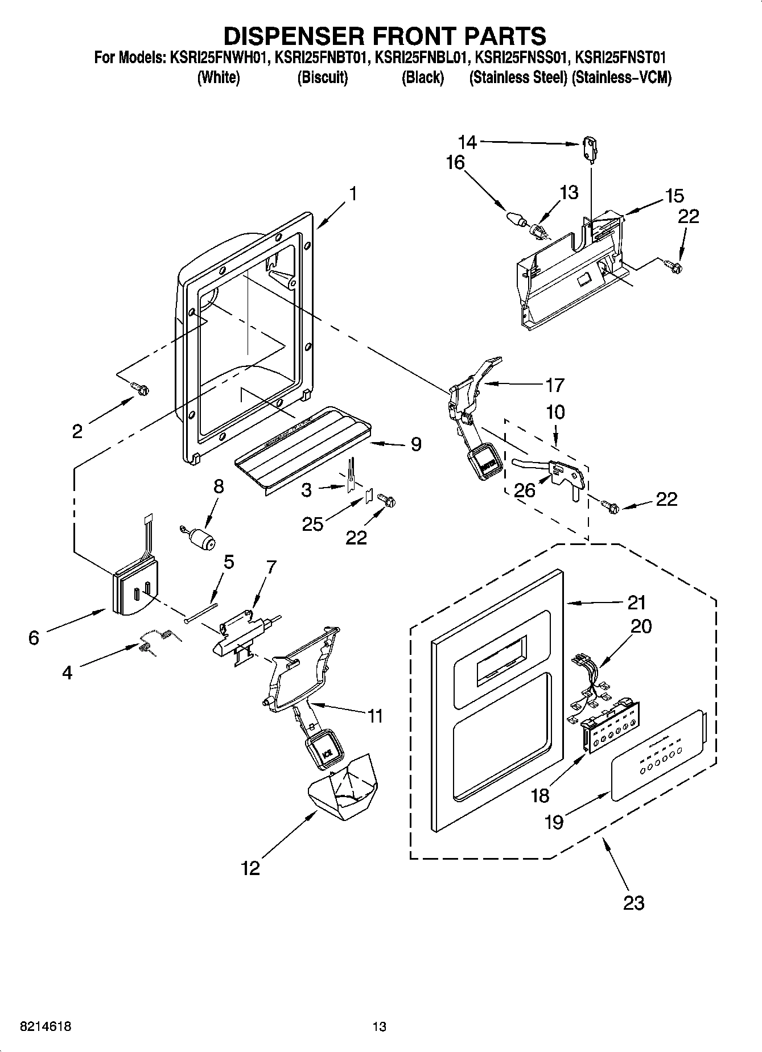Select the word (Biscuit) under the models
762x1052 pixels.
tap(322, 77)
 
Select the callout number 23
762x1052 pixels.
tap(633, 902)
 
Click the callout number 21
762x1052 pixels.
tap(637, 602)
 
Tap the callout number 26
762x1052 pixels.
tap(524, 490)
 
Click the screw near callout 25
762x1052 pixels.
tap(388, 501)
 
